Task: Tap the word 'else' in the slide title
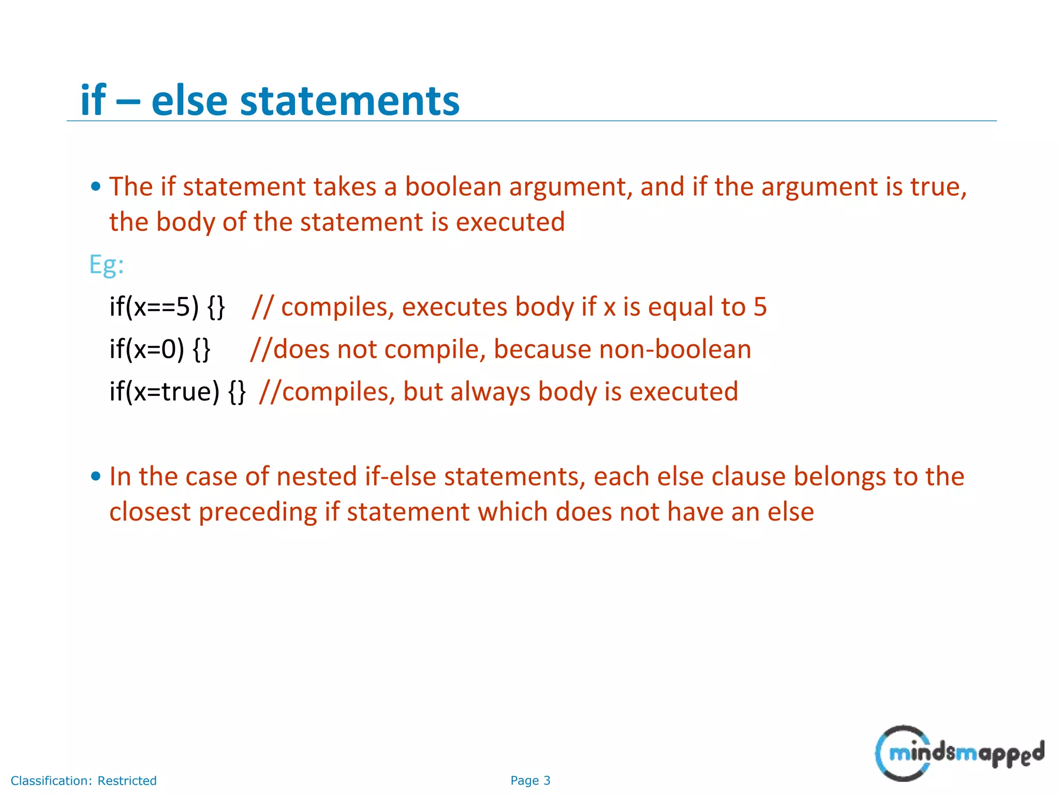click(189, 100)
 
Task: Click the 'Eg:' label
click(107, 265)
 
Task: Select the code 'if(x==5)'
click(154, 307)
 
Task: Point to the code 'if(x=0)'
click(147, 349)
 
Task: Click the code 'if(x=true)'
click(165, 392)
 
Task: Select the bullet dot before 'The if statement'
click(96, 187)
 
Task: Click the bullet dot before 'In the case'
click(96, 476)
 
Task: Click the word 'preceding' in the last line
click(258, 512)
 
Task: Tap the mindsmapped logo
click(959, 753)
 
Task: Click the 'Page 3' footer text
click(530, 781)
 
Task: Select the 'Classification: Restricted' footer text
click(83, 781)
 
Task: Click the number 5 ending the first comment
click(760, 307)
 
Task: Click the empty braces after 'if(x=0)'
click(201, 349)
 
